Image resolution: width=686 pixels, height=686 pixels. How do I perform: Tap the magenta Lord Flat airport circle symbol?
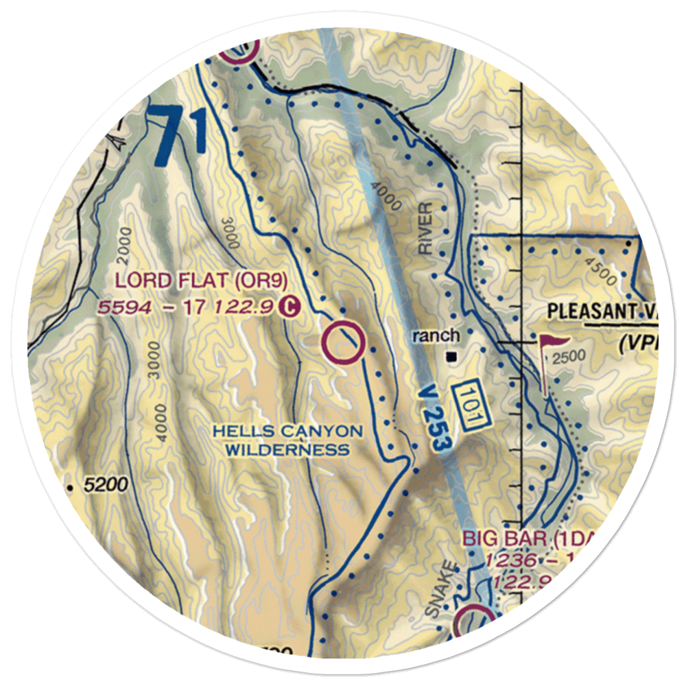click(x=344, y=343)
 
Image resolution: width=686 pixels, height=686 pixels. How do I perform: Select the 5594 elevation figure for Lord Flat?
click(x=124, y=307)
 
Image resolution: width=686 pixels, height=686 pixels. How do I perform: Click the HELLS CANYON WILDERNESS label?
click(x=287, y=440)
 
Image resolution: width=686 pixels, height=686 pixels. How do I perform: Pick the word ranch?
click(x=436, y=335)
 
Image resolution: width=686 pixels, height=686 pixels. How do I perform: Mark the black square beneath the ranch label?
click(x=451, y=357)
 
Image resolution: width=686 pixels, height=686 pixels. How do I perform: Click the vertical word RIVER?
click(x=427, y=229)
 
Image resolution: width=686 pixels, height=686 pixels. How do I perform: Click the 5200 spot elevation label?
click(x=106, y=486)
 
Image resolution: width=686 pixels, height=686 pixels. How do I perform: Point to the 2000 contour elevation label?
click(x=123, y=246)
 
